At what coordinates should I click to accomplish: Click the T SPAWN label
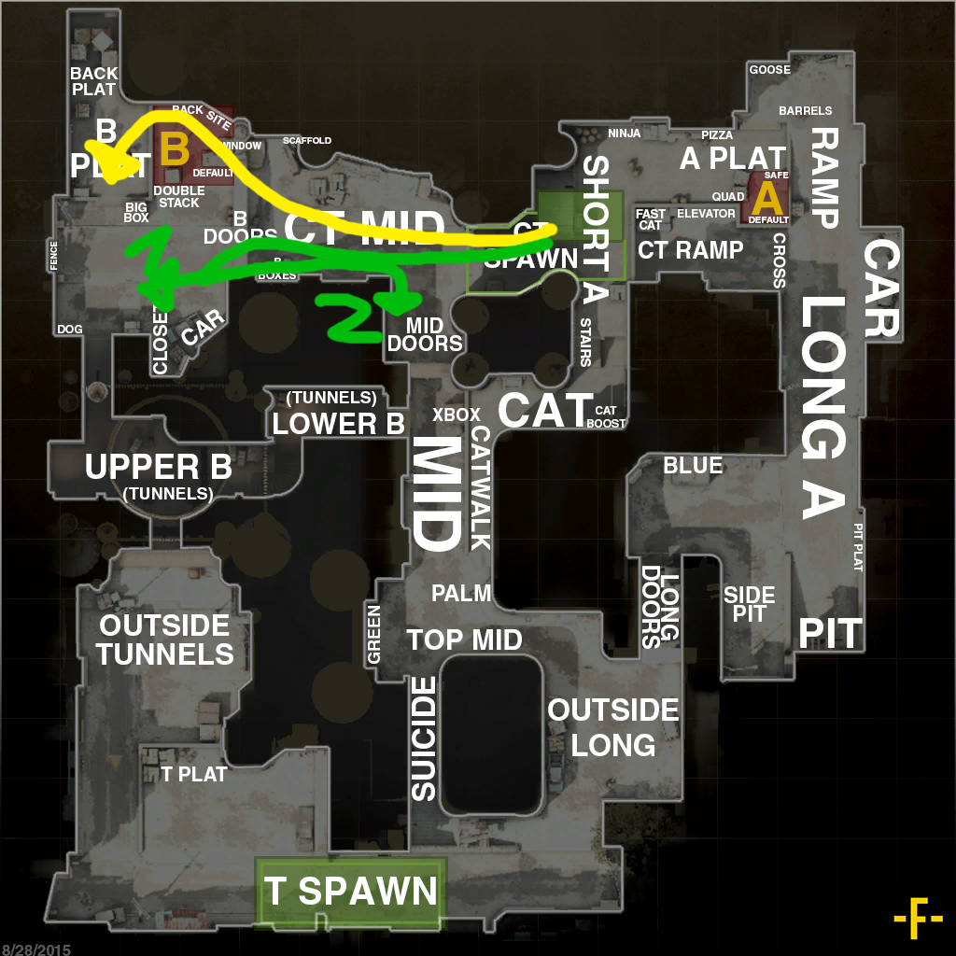pos(350,892)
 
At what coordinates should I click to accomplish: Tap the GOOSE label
pos(769,70)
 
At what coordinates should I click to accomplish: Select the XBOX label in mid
pos(457,415)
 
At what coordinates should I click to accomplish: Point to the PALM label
pos(461,593)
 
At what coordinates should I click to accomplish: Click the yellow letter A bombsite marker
pos(766,198)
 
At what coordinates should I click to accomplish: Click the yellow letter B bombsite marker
pos(175,149)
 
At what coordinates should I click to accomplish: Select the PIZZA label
pos(717,135)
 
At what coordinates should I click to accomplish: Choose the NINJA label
pos(624,134)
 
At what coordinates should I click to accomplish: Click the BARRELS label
pos(805,111)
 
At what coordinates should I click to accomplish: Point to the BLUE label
pos(693,465)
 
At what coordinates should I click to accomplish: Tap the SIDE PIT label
pos(750,604)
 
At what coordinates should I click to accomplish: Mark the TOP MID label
pos(464,640)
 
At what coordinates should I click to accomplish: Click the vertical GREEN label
pos(373,635)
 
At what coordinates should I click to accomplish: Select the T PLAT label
pos(194,774)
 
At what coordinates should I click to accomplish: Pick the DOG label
pos(69,330)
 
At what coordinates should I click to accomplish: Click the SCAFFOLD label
pos(307,141)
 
